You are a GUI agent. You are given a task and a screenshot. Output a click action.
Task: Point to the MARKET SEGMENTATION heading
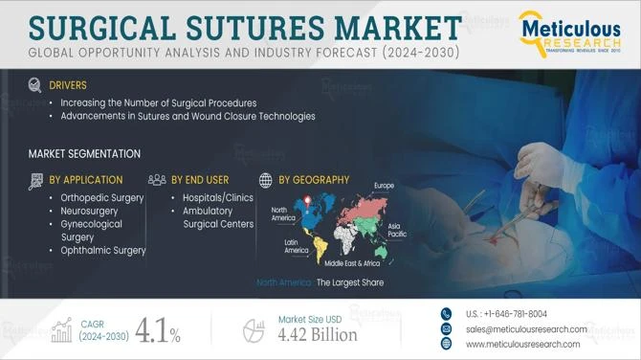coord(84,153)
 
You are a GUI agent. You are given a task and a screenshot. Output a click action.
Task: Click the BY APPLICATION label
coord(85,179)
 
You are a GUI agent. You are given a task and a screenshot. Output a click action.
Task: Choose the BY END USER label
coord(200,179)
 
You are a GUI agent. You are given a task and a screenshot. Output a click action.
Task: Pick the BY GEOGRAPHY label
coord(314,179)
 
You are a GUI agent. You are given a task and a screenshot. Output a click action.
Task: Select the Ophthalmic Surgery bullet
coord(102,250)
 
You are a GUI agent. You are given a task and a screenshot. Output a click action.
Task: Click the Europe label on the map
coord(384,185)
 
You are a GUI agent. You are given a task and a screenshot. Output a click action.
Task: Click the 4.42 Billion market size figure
coord(317,334)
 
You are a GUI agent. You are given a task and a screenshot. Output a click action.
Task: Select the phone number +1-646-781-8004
coord(507,313)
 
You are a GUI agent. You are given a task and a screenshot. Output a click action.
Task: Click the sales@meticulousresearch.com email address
coord(526,328)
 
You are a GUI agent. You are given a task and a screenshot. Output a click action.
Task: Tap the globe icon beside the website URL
coord(445,344)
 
